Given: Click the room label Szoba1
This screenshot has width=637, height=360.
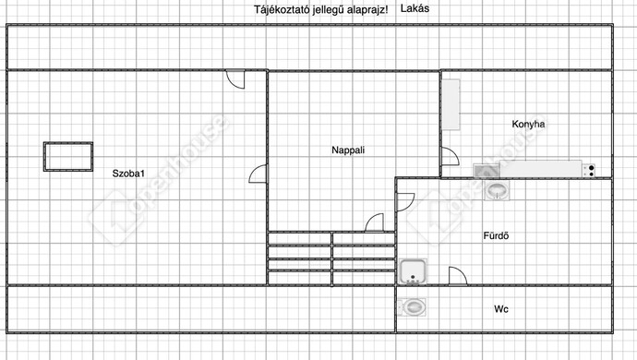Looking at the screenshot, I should click(130, 173).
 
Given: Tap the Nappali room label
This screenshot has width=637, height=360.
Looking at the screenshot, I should click(349, 149).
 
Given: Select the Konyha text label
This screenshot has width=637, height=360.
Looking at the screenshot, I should click(529, 124).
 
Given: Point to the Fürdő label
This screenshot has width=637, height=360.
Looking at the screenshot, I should click(497, 235).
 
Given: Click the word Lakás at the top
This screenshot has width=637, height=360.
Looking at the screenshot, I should click(415, 8).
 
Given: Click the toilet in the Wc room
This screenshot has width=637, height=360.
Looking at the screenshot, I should click(412, 306).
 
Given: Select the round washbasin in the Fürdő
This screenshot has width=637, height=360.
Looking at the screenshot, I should click(497, 190).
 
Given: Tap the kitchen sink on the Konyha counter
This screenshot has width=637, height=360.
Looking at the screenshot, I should click(486, 169).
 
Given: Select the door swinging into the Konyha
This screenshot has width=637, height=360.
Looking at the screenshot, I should click(449, 157).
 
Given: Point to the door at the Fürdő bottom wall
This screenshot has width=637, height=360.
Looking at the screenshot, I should click(457, 276).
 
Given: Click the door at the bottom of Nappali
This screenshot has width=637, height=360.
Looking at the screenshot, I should click(374, 222).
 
